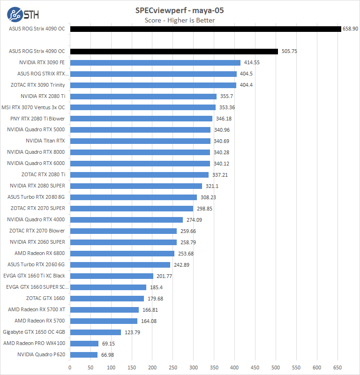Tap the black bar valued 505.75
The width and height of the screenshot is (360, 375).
pos(173,52)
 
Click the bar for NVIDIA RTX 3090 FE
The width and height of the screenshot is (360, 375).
pos(155,62)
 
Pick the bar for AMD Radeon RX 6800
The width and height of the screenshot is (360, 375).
pos(122,254)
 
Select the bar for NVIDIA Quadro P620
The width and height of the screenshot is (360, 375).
pos(83,355)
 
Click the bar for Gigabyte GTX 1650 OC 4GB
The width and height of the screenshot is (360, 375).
pos(95,332)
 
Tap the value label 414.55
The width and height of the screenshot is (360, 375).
pos(252,62)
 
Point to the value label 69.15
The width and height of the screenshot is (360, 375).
pos(109,344)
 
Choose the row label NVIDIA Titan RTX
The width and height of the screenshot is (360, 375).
pos(45,141)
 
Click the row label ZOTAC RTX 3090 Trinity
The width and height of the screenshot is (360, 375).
pos(37,85)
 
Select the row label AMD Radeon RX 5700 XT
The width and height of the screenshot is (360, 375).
pos(36,309)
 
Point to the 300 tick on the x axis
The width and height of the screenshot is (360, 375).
pos(193,367)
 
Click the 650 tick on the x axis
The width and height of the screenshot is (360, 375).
pos(337,367)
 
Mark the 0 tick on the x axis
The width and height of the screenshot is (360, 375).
pos(70,367)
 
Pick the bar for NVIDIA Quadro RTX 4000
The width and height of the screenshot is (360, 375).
pos(126,220)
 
